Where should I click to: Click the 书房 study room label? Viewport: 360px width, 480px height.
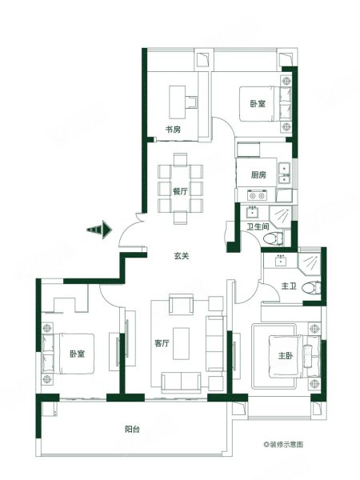point(173,130)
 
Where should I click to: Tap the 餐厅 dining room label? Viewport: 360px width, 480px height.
point(180,192)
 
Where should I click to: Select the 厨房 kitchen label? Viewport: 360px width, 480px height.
point(258,175)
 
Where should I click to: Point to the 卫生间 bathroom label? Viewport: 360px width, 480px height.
point(258,226)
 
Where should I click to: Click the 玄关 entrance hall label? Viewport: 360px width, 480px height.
point(182,256)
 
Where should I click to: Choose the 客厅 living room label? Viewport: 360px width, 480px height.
point(162,343)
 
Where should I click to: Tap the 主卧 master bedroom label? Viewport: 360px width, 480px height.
point(286,355)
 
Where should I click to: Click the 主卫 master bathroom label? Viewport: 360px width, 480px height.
point(289,286)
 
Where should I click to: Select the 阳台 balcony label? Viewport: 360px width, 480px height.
point(133,429)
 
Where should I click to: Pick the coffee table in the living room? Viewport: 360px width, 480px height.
point(181,343)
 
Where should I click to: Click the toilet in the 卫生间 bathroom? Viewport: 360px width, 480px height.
point(273,238)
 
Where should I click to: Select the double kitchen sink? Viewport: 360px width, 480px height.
point(284,174)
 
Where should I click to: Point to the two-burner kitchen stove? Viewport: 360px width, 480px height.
point(257,195)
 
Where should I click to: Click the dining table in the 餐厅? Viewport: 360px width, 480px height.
point(180,189)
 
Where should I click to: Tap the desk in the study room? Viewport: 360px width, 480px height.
point(178,102)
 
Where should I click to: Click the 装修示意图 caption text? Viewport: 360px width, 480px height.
point(283,444)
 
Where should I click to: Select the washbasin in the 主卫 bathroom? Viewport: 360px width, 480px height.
point(281,261)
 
